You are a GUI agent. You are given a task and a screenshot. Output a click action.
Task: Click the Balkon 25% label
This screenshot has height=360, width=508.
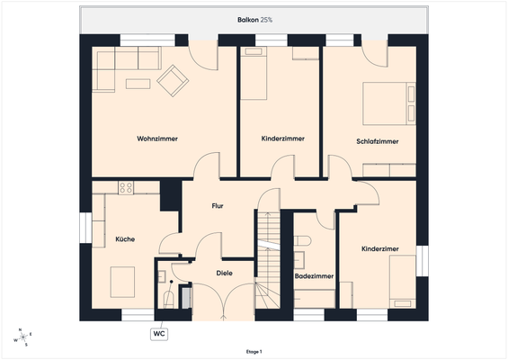click(x=254, y=19)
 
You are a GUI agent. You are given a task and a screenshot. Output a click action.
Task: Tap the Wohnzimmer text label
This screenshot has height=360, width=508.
click(x=157, y=139)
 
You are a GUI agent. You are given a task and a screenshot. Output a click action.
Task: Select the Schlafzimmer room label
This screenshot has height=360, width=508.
click(x=377, y=141)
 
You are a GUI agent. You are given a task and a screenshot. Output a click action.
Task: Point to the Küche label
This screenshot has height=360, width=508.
click(x=125, y=238)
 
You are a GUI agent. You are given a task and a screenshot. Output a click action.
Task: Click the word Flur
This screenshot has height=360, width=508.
click(x=218, y=206)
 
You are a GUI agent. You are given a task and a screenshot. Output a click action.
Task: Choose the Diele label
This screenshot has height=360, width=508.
click(x=225, y=273)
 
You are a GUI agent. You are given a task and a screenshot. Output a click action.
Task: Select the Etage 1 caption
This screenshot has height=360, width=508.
click(x=254, y=352)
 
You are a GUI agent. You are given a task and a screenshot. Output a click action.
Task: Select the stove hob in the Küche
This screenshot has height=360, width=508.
click(x=126, y=188)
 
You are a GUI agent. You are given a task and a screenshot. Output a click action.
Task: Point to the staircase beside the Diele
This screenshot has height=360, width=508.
click(x=268, y=257)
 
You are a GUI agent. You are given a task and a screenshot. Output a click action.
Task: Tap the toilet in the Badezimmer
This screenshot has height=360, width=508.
click(x=302, y=241)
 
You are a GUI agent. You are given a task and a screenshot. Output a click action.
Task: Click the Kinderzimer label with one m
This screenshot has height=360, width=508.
click(x=380, y=248)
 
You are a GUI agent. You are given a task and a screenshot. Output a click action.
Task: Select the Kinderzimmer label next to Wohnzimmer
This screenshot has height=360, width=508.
click(x=282, y=139)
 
